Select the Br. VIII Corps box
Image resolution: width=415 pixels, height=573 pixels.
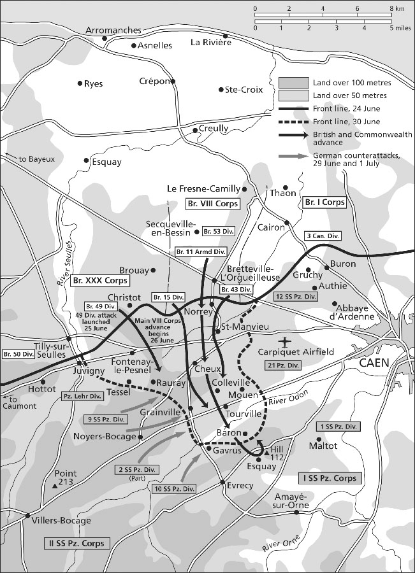click(212, 204)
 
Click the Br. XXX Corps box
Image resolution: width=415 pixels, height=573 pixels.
click(101, 280)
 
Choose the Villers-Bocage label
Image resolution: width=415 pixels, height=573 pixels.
click(61, 520)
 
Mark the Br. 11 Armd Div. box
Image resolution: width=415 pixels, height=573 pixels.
click(201, 251)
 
